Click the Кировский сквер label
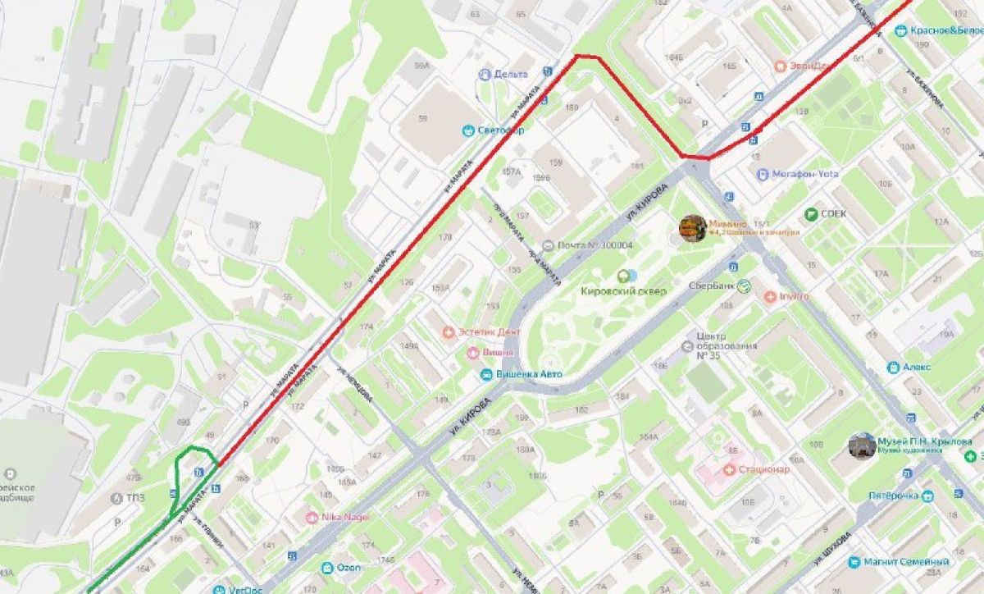point(623,291)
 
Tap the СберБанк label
point(709,286)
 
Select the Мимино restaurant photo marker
point(693,228)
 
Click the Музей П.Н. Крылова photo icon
point(862,445)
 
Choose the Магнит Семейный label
point(905,562)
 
